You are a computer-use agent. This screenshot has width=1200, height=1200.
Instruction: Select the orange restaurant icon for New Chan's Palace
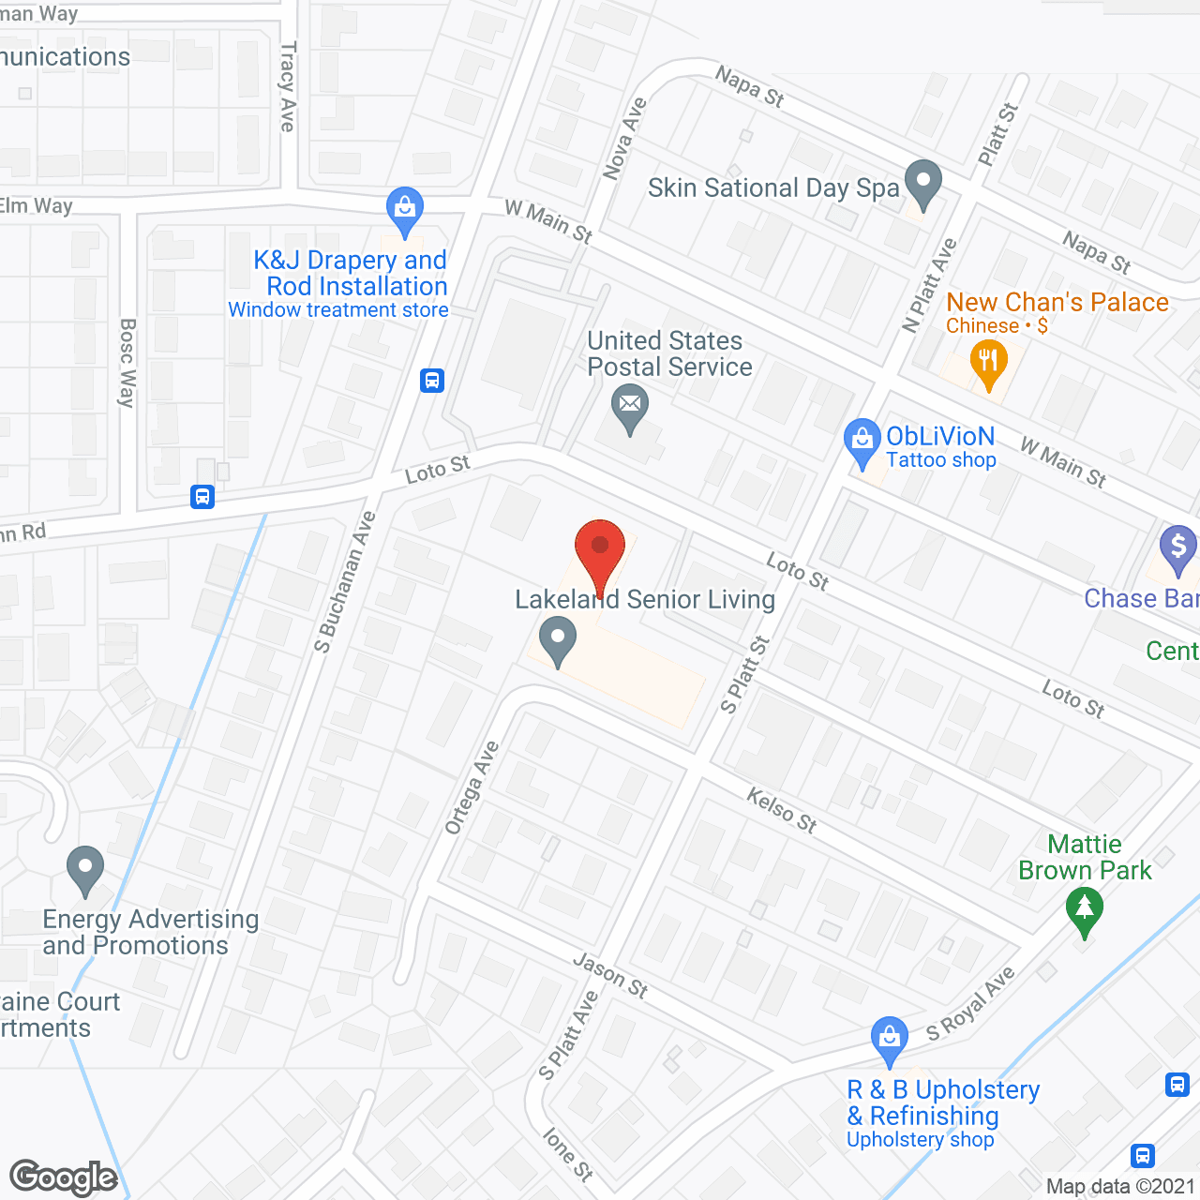pos(988,362)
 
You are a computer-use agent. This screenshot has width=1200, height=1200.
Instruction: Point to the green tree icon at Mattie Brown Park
pos(1085,909)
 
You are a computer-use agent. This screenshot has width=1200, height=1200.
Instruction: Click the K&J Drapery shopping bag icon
pos(405,210)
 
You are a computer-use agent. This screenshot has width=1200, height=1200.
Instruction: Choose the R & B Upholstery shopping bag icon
pos(889,1039)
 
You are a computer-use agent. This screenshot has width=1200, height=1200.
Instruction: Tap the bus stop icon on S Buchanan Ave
pos(432,381)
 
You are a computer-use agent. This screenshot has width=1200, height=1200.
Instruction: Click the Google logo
pos(64,1177)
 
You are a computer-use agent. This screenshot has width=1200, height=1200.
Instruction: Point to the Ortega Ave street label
pos(472,787)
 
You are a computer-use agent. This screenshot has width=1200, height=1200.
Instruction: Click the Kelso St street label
pos(782,810)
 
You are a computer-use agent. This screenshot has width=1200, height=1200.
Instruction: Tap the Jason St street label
pos(610,975)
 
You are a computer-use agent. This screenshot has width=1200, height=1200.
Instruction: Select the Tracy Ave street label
pos(288,86)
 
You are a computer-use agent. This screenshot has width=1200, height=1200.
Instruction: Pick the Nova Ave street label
pos(625,139)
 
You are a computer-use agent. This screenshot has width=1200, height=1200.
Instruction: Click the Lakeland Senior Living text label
pos(645,599)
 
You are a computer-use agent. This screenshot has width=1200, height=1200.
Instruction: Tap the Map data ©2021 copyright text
pos(1121,1186)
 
